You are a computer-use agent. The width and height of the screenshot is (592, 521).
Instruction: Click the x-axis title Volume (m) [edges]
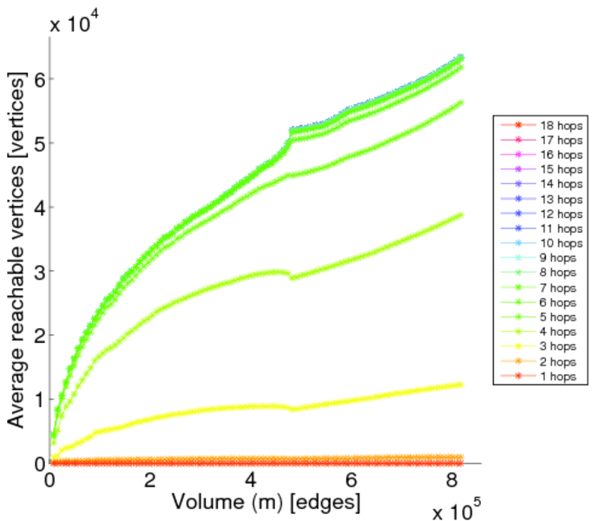point(266,502)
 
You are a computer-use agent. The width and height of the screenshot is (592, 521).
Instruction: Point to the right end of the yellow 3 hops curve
point(459,385)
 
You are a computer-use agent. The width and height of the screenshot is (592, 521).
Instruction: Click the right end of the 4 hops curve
point(459,214)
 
